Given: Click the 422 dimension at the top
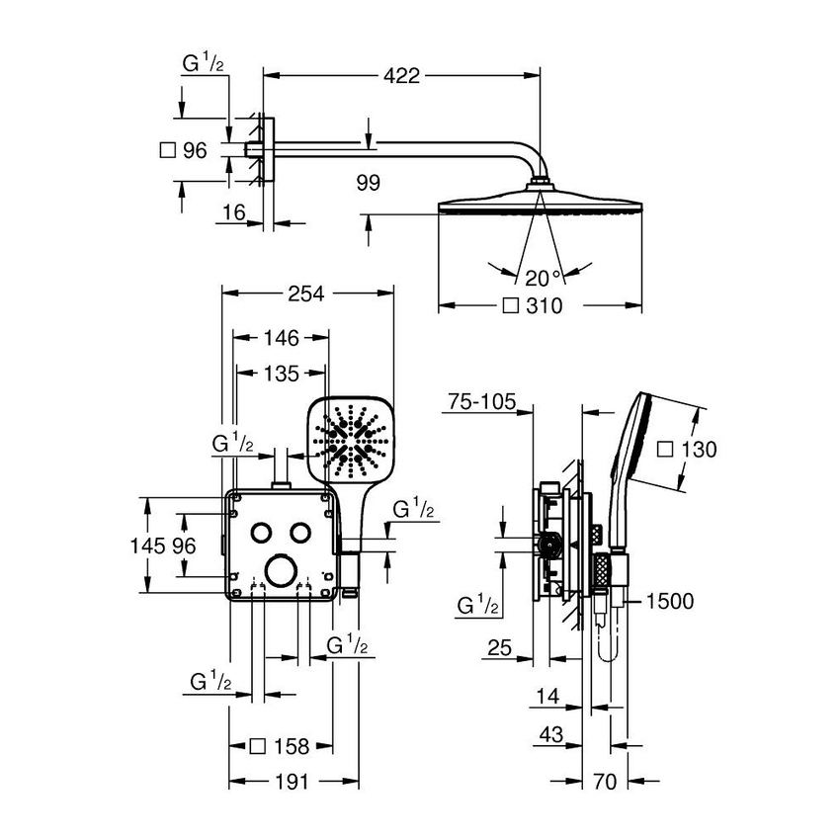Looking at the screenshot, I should click(x=402, y=75).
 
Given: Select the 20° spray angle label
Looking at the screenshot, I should click(x=543, y=278).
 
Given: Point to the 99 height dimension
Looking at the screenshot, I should click(x=367, y=183).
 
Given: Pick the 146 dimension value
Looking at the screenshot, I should click(x=281, y=338).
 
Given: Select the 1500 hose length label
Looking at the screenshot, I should click(x=672, y=601).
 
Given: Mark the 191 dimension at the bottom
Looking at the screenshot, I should click(x=291, y=781).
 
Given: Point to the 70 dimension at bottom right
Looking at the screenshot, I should click(x=606, y=782).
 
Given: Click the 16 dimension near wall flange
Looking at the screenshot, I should click(x=233, y=211).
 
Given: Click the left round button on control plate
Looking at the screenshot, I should click(x=261, y=532).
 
